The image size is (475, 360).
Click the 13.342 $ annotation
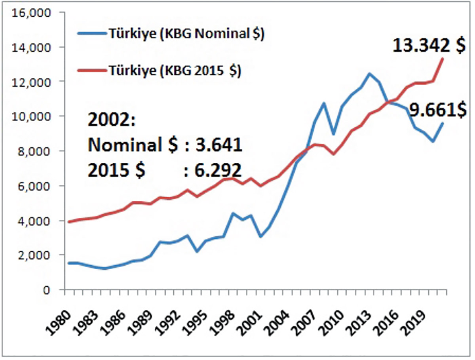[429, 46]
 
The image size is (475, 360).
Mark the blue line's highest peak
[369, 74]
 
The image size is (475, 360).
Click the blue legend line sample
[91, 34]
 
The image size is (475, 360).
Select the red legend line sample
[91, 72]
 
